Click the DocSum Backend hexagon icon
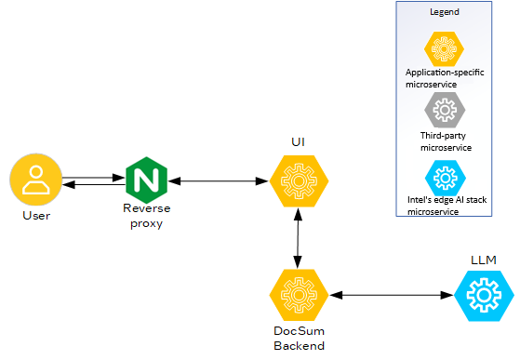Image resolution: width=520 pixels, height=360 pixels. click(x=296, y=295)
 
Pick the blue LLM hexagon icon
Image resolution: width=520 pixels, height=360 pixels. click(x=483, y=295)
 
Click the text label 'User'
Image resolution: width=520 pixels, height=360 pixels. click(x=35, y=216)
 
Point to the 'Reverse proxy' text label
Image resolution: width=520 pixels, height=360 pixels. click(x=147, y=216)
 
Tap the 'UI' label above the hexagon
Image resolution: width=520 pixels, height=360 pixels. click(x=297, y=141)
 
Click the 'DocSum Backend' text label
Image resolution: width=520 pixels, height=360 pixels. click(x=298, y=339)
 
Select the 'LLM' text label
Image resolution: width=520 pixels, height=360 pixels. click(x=483, y=258)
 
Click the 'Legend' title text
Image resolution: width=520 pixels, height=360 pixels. click(x=444, y=12)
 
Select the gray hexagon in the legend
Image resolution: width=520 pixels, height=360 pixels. click(x=445, y=111)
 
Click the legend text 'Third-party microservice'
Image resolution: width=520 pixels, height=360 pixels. click(x=446, y=141)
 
